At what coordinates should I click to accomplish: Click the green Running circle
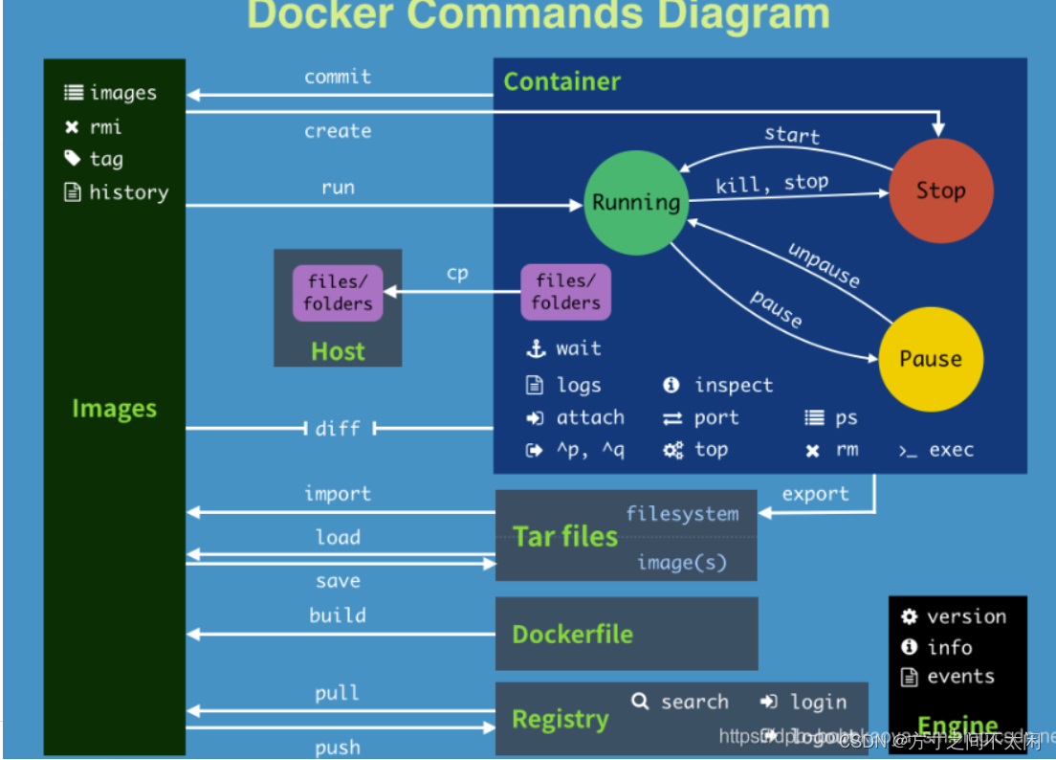pyautogui.click(x=636, y=202)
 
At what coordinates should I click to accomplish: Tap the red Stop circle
pyautogui.click(x=940, y=190)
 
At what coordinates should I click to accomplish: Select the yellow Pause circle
pyautogui.click(x=930, y=359)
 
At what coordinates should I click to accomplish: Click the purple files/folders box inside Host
pyautogui.click(x=338, y=293)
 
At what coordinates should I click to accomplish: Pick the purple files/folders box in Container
pyautogui.click(x=565, y=292)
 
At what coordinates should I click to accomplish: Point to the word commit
pyautogui.click(x=338, y=77)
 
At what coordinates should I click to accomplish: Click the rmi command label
pyautogui.click(x=105, y=126)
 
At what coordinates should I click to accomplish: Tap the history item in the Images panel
pyautogui.click(x=128, y=192)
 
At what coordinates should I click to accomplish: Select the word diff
pyautogui.click(x=338, y=428)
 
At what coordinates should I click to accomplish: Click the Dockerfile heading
pyautogui.click(x=572, y=634)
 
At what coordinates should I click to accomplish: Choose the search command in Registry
pyautogui.click(x=693, y=702)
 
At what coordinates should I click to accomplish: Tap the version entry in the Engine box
pyautogui.click(x=966, y=616)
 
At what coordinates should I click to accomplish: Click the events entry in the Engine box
pyautogui.click(x=960, y=677)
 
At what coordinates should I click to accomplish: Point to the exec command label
pyautogui.click(x=951, y=450)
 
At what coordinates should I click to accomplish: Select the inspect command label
pyautogui.click(x=733, y=385)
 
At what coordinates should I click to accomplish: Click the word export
pyautogui.click(x=815, y=494)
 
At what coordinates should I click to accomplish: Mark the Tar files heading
pyautogui.click(x=565, y=536)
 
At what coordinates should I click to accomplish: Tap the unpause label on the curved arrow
pyautogui.click(x=824, y=264)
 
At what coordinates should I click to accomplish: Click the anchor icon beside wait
pyautogui.click(x=535, y=348)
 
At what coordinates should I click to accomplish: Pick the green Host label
pyautogui.click(x=338, y=351)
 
